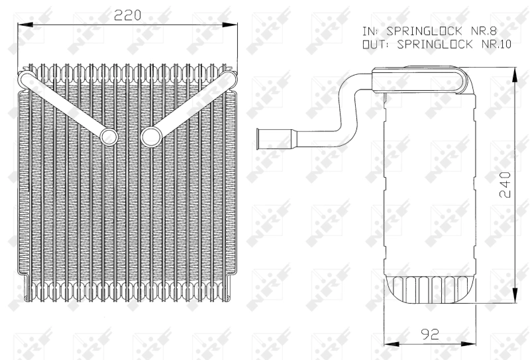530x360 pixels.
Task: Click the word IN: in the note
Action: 370,30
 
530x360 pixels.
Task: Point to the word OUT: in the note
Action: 376,44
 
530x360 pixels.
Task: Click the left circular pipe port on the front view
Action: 108,137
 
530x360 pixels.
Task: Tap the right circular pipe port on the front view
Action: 150,137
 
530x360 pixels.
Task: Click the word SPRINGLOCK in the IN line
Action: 419,30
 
